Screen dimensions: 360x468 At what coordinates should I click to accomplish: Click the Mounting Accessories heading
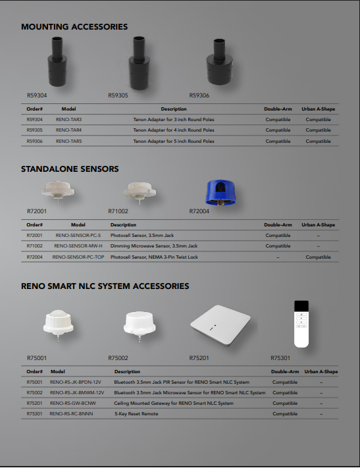coord(74,27)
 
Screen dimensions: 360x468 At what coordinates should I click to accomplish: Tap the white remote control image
coord(301,323)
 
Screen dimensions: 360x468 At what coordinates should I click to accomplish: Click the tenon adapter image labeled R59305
coord(139,64)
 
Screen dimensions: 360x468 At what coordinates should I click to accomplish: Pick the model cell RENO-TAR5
coord(68,141)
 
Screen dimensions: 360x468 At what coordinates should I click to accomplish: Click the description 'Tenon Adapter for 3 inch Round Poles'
coord(174,120)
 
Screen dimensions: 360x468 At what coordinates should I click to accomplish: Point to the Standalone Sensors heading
coord(70,169)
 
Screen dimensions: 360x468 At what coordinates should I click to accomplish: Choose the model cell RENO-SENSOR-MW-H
coord(78,246)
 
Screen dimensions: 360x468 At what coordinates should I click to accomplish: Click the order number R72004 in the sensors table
coord(35,257)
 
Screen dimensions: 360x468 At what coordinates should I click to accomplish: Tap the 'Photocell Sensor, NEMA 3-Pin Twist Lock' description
coord(154,257)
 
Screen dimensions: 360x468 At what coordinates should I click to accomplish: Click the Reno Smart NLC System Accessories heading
coord(105,286)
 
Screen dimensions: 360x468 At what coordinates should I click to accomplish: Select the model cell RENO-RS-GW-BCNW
coord(72,403)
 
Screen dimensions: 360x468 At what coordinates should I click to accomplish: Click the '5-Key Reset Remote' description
coord(136,414)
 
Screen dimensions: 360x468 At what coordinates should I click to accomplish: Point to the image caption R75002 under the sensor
coord(118,358)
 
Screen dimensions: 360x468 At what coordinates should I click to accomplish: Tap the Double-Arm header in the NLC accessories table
coord(285,372)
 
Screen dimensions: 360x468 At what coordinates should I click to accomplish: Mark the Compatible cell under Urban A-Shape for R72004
coord(318,257)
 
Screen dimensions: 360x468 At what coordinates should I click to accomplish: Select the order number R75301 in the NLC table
coord(35,414)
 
